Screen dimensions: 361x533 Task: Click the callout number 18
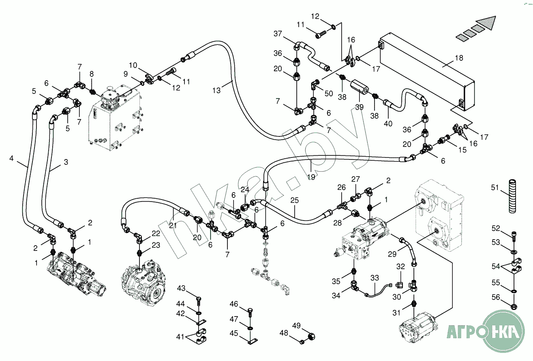tap(458, 58)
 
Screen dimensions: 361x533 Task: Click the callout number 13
tap(217, 90)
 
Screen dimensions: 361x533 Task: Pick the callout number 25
tap(295, 200)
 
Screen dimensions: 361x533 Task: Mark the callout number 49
tap(297, 325)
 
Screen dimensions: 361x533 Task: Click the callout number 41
tap(180, 336)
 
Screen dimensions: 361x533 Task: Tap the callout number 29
tap(392, 254)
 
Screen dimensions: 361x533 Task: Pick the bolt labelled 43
tap(199, 300)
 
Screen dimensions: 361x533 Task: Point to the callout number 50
tap(328, 93)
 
